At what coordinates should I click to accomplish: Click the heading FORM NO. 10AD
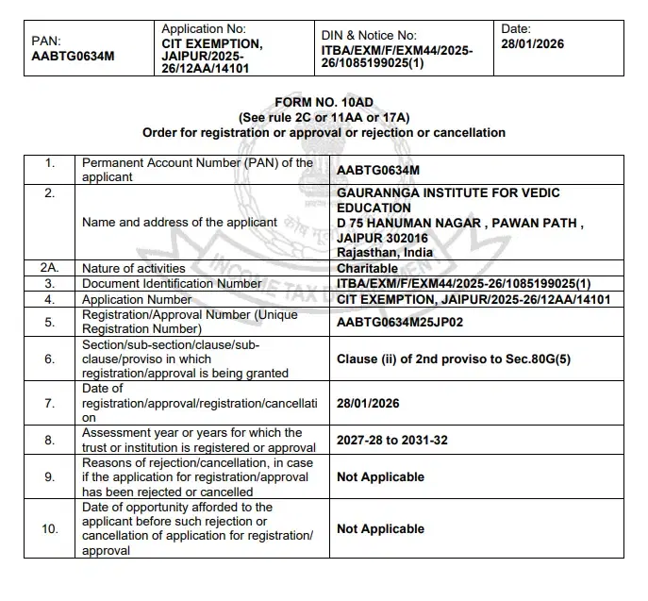tap(324, 101)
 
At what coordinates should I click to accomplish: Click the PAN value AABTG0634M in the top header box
tap(73, 57)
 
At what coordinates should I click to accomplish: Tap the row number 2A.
tap(50, 268)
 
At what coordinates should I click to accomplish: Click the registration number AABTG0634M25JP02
tap(400, 322)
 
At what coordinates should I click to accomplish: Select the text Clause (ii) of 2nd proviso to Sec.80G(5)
tap(454, 359)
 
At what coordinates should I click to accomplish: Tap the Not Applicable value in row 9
tap(380, 477)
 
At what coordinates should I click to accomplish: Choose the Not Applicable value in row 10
tap(380, 529)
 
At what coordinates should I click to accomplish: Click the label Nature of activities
tap(134, 268)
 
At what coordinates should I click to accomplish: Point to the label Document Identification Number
tap(173, 283)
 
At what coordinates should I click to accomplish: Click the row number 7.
tap(50, 403)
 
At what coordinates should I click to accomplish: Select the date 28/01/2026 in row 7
tap(368, 403)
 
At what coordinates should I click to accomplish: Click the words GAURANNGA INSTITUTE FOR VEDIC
tap(448, 192)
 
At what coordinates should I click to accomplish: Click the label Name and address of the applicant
tap(180, 223)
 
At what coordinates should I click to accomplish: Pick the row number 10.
tap(50, 529)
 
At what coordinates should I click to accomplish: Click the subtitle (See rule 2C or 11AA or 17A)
tap(324, 117)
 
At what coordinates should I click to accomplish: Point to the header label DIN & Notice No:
tap(368, 35)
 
